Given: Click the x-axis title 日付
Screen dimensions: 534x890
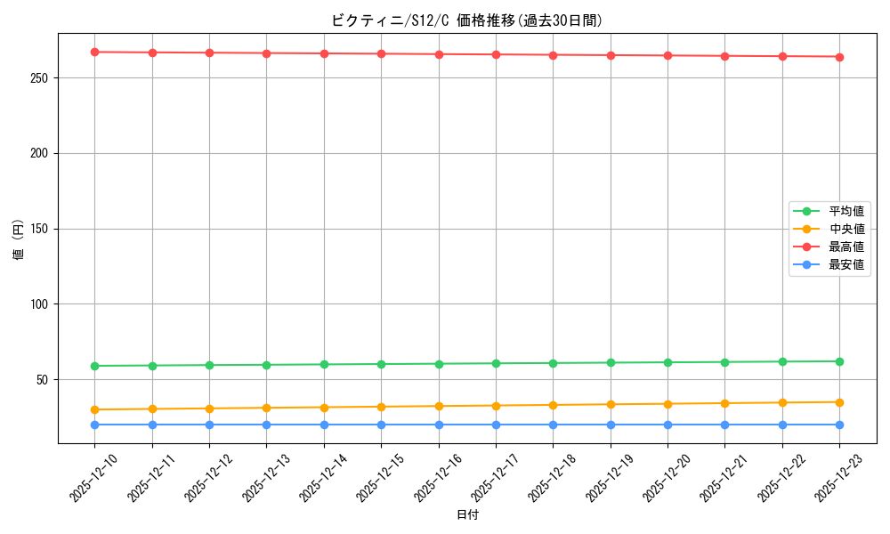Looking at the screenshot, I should tap(466, 515).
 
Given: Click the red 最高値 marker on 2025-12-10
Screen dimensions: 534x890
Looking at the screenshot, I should tap(94, 52).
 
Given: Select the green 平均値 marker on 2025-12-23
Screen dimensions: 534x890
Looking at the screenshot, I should tap(839, 361).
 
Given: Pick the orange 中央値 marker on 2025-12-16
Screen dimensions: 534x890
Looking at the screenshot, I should tap(439, 406).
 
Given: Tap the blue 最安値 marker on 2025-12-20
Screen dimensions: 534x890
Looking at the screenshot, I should tap(667, 425).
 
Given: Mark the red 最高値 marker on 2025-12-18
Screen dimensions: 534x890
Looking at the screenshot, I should tap(553, 55).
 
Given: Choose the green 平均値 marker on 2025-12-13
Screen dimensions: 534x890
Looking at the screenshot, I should tap(266, 365).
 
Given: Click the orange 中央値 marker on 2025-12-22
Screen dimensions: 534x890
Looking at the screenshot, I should tap(782, 402).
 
